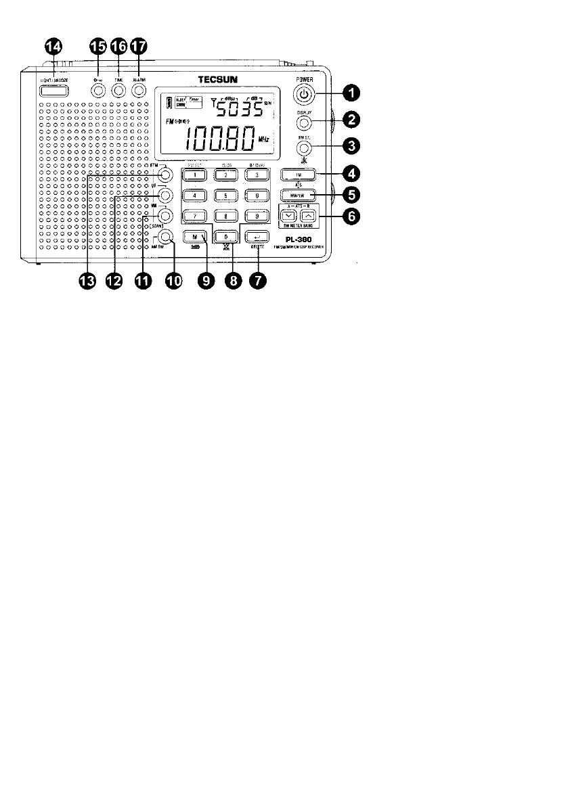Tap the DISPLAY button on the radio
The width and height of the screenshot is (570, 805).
pyautogui.click(x=305, y=123)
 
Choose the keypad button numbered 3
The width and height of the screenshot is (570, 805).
pyautogui.click(x=257, y=175)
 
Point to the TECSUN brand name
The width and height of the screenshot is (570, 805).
pyautogui.click(x=221, y=80)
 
